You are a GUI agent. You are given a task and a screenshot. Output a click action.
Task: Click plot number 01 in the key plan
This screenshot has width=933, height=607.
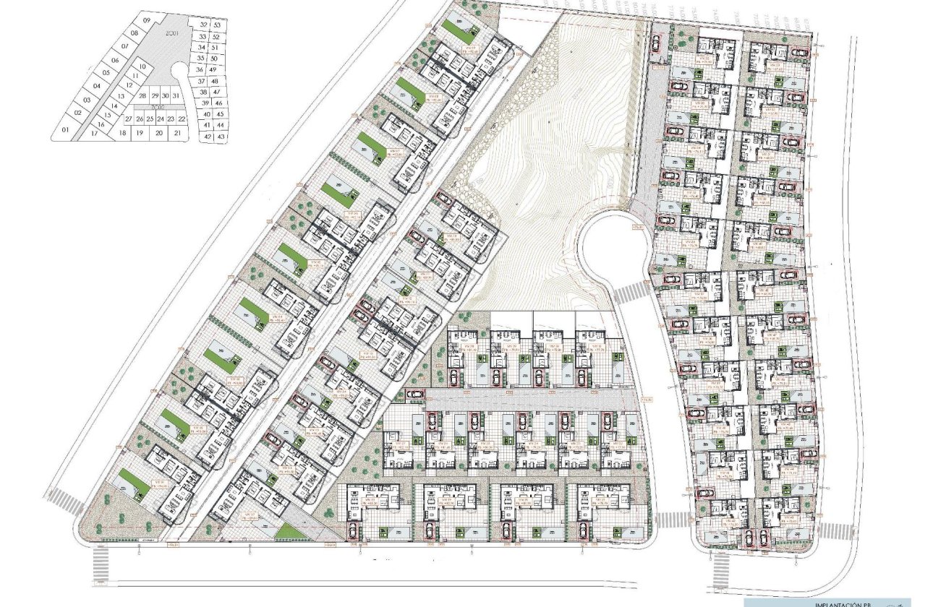[65, 130]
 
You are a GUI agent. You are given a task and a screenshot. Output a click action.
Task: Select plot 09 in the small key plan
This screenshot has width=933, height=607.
[147, 21]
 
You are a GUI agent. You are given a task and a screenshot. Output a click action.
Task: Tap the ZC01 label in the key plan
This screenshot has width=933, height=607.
[171, 33]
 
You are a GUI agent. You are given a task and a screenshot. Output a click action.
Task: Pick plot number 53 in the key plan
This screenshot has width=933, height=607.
[216, 25]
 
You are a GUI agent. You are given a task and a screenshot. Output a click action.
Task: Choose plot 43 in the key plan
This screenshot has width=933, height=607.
[221, 136]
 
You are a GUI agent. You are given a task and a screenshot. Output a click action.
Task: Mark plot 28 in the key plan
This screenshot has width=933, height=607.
[142, 96]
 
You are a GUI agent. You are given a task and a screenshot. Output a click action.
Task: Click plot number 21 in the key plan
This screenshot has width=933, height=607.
[178, 133]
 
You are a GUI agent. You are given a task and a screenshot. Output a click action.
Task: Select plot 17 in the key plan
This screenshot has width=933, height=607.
[94, 134]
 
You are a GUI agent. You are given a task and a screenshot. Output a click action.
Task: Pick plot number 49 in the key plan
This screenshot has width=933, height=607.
[214, 69]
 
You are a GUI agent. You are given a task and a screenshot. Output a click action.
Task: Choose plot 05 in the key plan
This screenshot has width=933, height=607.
[106, 72]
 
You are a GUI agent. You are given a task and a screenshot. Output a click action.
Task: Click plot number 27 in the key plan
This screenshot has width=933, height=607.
[128, 119]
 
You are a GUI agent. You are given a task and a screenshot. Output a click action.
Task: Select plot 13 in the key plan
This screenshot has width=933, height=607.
[122, 96]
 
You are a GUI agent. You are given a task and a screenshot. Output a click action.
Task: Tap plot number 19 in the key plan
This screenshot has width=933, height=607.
[140, 133]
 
